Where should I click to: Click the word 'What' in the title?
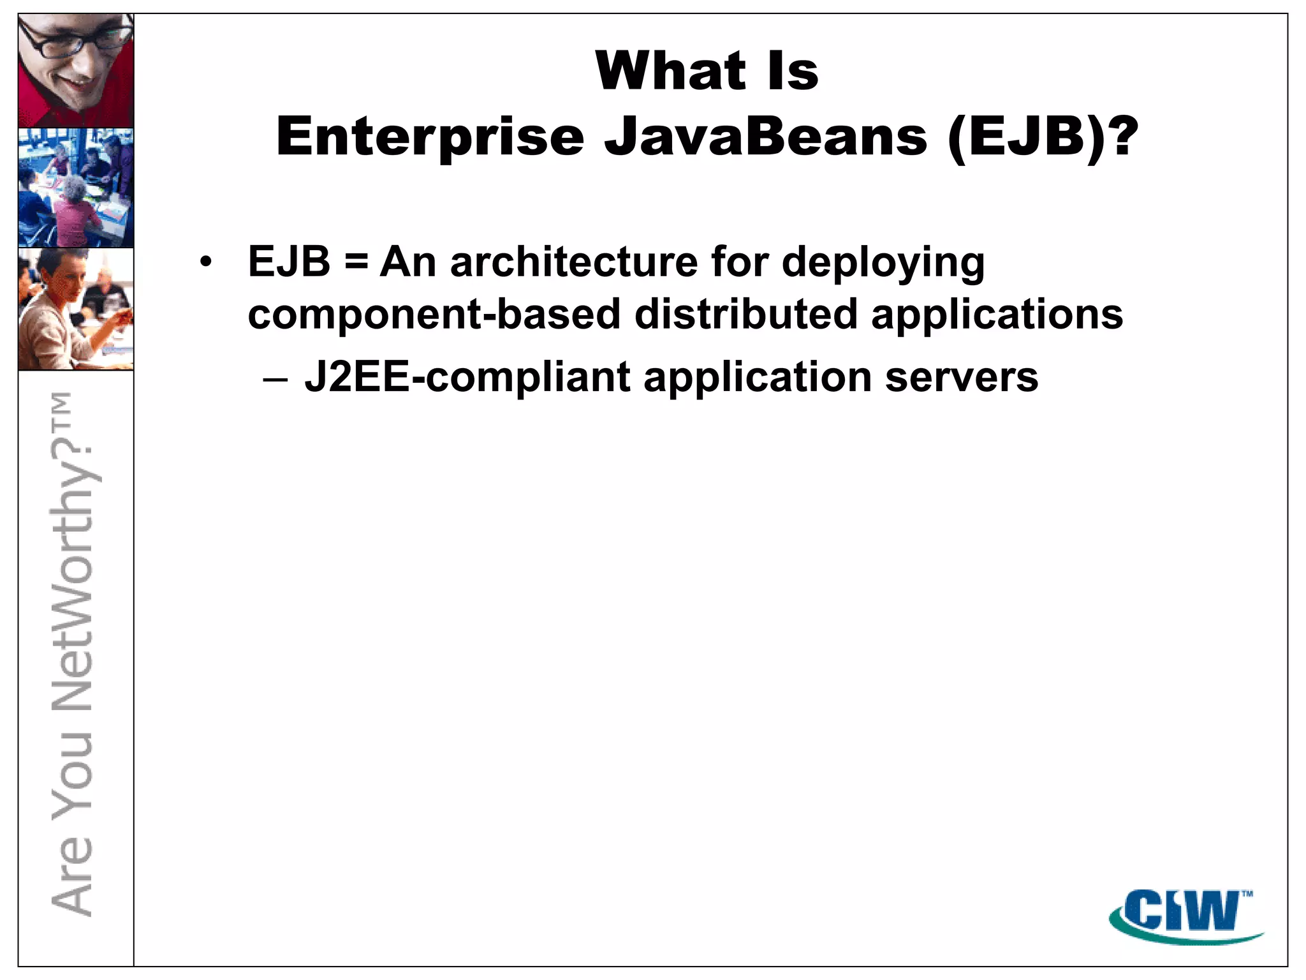[670, 71]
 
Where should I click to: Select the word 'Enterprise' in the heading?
[430, 137]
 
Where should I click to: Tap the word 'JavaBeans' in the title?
[765, 137]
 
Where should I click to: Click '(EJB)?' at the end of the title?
[1043, 137]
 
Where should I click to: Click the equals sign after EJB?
[355, 263]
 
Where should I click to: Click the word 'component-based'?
[434, 315]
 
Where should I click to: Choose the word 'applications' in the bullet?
[997, 315]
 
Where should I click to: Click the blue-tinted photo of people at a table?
[76, 188]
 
